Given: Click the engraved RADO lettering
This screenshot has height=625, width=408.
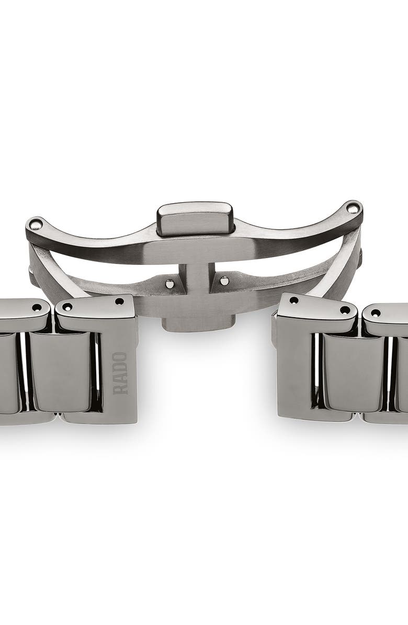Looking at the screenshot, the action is pyautogui.click(x=120, y=373).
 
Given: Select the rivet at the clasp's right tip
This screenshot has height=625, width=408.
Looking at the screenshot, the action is pyautogui.click(x=352, y=208).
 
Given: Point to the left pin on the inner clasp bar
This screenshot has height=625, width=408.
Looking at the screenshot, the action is pyautogui.click(x=171, y=284).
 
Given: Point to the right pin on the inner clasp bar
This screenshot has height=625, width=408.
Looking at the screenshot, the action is pyautogui.click(x=224, y=280).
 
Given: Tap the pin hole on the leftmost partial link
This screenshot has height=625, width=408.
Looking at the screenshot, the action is pyautogui.click(x=37, y=307).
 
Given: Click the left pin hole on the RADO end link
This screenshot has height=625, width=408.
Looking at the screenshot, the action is pyautogui.click(x=67, y=307).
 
